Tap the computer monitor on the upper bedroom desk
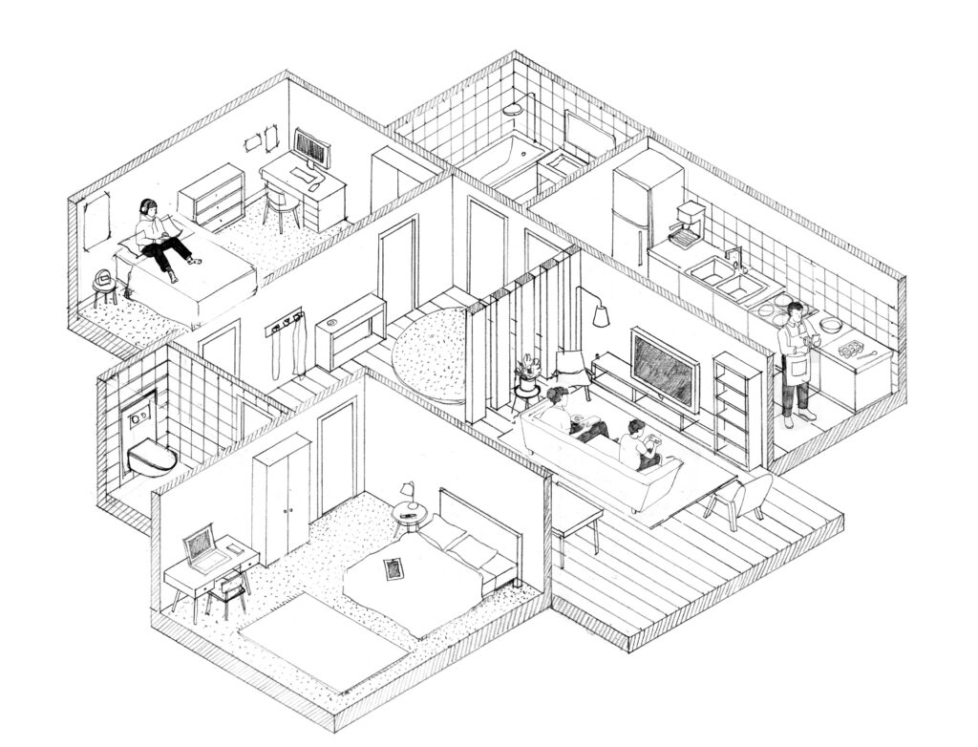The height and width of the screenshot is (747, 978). point(312,148)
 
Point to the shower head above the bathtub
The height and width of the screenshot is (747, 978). point(516,108)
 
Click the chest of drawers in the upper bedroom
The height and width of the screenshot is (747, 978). point(212,196)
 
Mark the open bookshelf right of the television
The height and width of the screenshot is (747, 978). point(738,396)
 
